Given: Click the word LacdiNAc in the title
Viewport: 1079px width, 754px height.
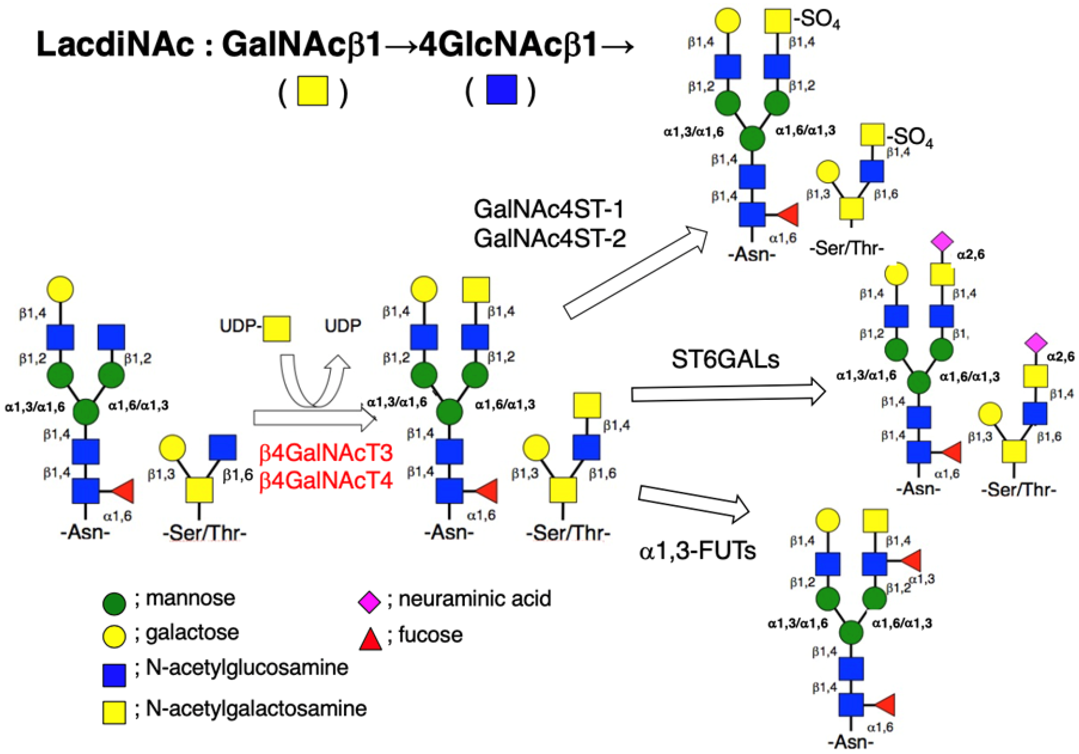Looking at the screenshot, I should (115, 45).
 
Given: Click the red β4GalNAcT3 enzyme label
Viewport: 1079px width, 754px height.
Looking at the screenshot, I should (326, 453).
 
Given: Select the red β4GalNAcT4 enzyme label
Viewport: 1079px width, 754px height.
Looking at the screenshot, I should (326, 481).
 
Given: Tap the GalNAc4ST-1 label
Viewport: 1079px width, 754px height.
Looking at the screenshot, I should (548, 209).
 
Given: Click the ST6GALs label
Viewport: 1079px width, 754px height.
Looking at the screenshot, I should (725, 360).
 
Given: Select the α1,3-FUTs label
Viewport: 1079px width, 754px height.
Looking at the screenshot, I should (697, 551).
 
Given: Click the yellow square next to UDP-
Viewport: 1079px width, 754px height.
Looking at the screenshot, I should (276, 328).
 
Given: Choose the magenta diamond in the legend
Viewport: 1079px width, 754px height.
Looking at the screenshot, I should (369, 602).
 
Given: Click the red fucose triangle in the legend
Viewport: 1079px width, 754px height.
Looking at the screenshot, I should (370, 639).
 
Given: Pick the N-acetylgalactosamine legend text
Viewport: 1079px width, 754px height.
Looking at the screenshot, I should (256, 709).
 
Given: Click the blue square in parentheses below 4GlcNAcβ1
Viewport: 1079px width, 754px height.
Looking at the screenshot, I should (502, 89).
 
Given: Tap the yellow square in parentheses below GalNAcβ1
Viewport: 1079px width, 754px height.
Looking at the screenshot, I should (312, 90).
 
